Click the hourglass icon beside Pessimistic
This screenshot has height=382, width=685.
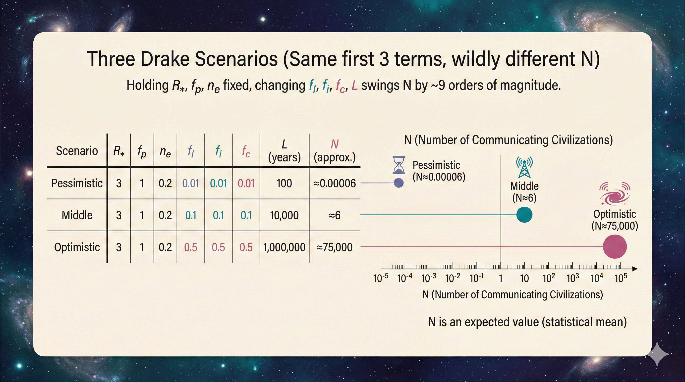[x=399, y=165]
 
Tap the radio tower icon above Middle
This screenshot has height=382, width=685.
[x=524, y=167]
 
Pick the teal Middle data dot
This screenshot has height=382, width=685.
[x=524, y=215]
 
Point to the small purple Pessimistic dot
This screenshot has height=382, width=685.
[x=398, y=183]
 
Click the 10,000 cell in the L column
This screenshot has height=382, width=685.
[x=284, y=215]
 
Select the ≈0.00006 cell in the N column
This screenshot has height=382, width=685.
[x=335, y=183]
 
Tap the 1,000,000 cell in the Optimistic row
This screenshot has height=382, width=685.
[x=284, y=247]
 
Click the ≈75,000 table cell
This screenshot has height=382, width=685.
[x=335, y=247]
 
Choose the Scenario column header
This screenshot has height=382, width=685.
[x=77, y=151]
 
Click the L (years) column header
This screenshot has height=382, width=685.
[x=284, y=151]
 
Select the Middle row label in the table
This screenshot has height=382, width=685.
[x=77, y=215]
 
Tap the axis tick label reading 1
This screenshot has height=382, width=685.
[x=501, y=278]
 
